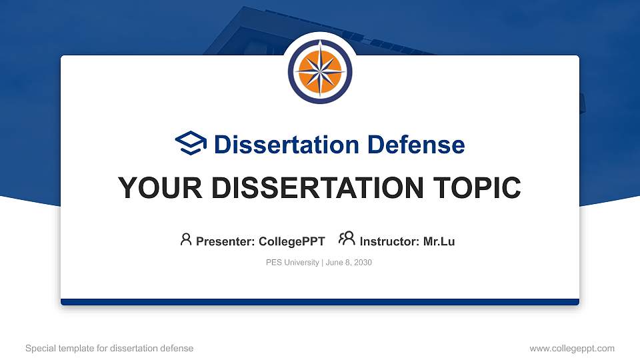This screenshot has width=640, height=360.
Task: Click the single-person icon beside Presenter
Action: tap(186, 239)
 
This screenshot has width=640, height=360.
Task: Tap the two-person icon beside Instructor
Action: tap(347, 239)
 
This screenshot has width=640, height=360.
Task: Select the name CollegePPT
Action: tap(291, 241)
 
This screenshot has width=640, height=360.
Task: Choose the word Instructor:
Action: tap(390, 241)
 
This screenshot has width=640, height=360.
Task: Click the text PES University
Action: tap(292, 263)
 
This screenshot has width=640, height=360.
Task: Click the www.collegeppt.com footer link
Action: tap(571, 349)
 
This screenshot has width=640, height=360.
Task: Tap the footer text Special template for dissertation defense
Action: tap(109, 349)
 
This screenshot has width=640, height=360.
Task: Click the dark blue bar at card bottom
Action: tap(320, 302)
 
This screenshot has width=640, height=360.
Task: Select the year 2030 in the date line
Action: tap(363, 263)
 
